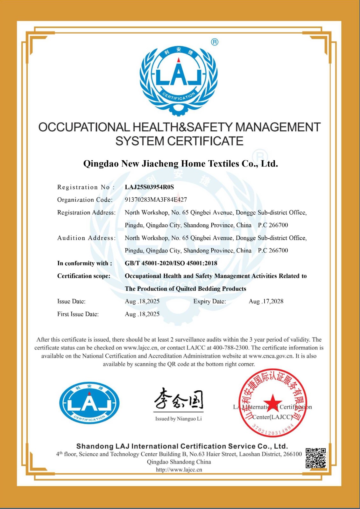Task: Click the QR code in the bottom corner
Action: tap(316, 458)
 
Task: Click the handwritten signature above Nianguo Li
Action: tap(179, 398)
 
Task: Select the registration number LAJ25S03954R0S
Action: tap(149, 187)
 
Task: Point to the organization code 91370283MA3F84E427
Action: tap(156, 200)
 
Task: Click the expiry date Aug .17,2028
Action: tap(266, 301)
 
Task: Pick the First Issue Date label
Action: tap(78, 314)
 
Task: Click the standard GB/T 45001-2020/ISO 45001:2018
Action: tap(171, 263)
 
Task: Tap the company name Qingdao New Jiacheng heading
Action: tap(180, 164)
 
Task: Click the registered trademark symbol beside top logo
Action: tap(215, 42)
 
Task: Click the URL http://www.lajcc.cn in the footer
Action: tap(179, 470)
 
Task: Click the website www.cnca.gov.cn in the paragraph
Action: tap(271, 356)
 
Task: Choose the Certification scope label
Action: tap(84, 276)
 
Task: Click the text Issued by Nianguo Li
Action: tap(179, 419)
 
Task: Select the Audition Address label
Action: tap(86, 238)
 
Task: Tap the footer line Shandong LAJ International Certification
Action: tap(182, 446)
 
